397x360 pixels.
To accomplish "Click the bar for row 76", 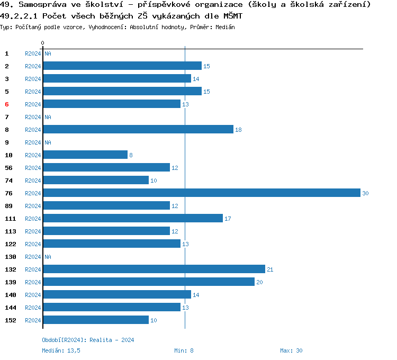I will tap(201, 193).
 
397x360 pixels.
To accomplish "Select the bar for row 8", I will tap(138, 129).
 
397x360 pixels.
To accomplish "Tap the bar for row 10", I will tap(85, 155).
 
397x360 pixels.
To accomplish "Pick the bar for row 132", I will tap(154, 269).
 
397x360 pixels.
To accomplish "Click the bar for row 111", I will tap(132, 218).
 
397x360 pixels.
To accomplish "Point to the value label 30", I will tap(365, 193).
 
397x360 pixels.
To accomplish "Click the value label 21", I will tap(270, 269).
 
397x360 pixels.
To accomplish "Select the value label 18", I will tap(238, 130).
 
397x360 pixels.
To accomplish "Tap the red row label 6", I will tap(7, 104).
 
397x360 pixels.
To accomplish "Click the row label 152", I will tap(11, 320).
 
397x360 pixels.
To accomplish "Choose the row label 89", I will tap(8, 206).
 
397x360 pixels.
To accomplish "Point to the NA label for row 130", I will tap(48, 257).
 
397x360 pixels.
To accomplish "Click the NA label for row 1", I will tap(48, 53).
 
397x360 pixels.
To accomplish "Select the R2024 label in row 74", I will tap(33, 181).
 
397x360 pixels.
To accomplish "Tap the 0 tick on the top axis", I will tap(43, 43).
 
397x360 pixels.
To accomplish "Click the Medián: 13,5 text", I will tap(61, 350).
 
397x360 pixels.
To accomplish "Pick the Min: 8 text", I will tap(184, 350).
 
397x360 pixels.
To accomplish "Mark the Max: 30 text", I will tap(291, 350).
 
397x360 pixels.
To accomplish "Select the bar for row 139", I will tap(148, 282).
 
